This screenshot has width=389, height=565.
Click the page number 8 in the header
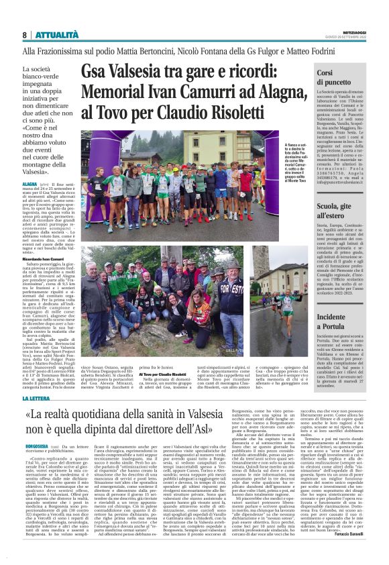(25, 34)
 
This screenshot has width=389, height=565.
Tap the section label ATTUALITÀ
(55, 34)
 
